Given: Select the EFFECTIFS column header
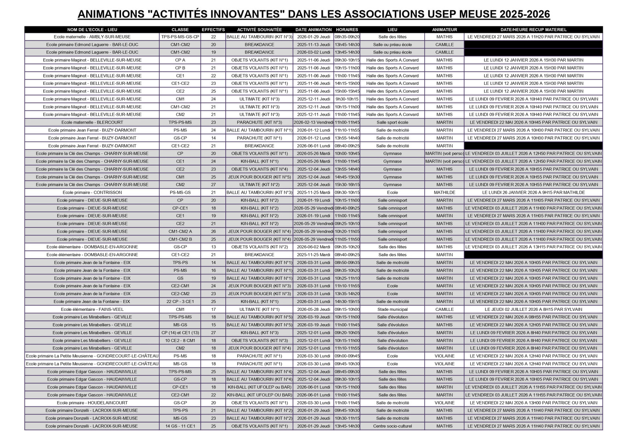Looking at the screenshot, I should (x=213, y=29).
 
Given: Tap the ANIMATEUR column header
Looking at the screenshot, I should (x=444, y=29).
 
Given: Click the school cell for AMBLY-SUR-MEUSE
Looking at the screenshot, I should (x=92, y=37).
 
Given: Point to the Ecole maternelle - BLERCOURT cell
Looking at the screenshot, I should (x=92, y=122).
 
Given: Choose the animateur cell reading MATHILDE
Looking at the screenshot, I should (x=444, y=193).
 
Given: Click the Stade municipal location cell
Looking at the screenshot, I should (x=392, y=309).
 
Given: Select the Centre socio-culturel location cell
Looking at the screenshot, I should (x=392, y=426).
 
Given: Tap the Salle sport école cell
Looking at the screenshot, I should (x=392, y=122).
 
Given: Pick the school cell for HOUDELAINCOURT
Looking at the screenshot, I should (x=92, y=403).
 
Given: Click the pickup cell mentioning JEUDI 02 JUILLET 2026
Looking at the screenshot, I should (x=533, y=309).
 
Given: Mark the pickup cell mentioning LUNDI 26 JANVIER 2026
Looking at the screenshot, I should (x=533, y=193).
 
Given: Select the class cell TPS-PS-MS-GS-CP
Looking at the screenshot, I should (x=180, y=37).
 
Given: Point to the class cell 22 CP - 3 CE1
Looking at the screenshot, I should (x=180, y=301).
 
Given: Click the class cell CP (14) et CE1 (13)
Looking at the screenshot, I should (x=180, y=332).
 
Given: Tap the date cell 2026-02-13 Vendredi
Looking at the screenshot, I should (x=313, y=122).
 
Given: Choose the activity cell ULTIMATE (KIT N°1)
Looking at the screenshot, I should (x=259, y=309).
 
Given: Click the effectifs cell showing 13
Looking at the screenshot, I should (x=213, y=247).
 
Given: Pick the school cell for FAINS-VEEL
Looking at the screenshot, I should (x=92, y=309).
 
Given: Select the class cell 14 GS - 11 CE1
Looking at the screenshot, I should (x=180, y=426).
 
